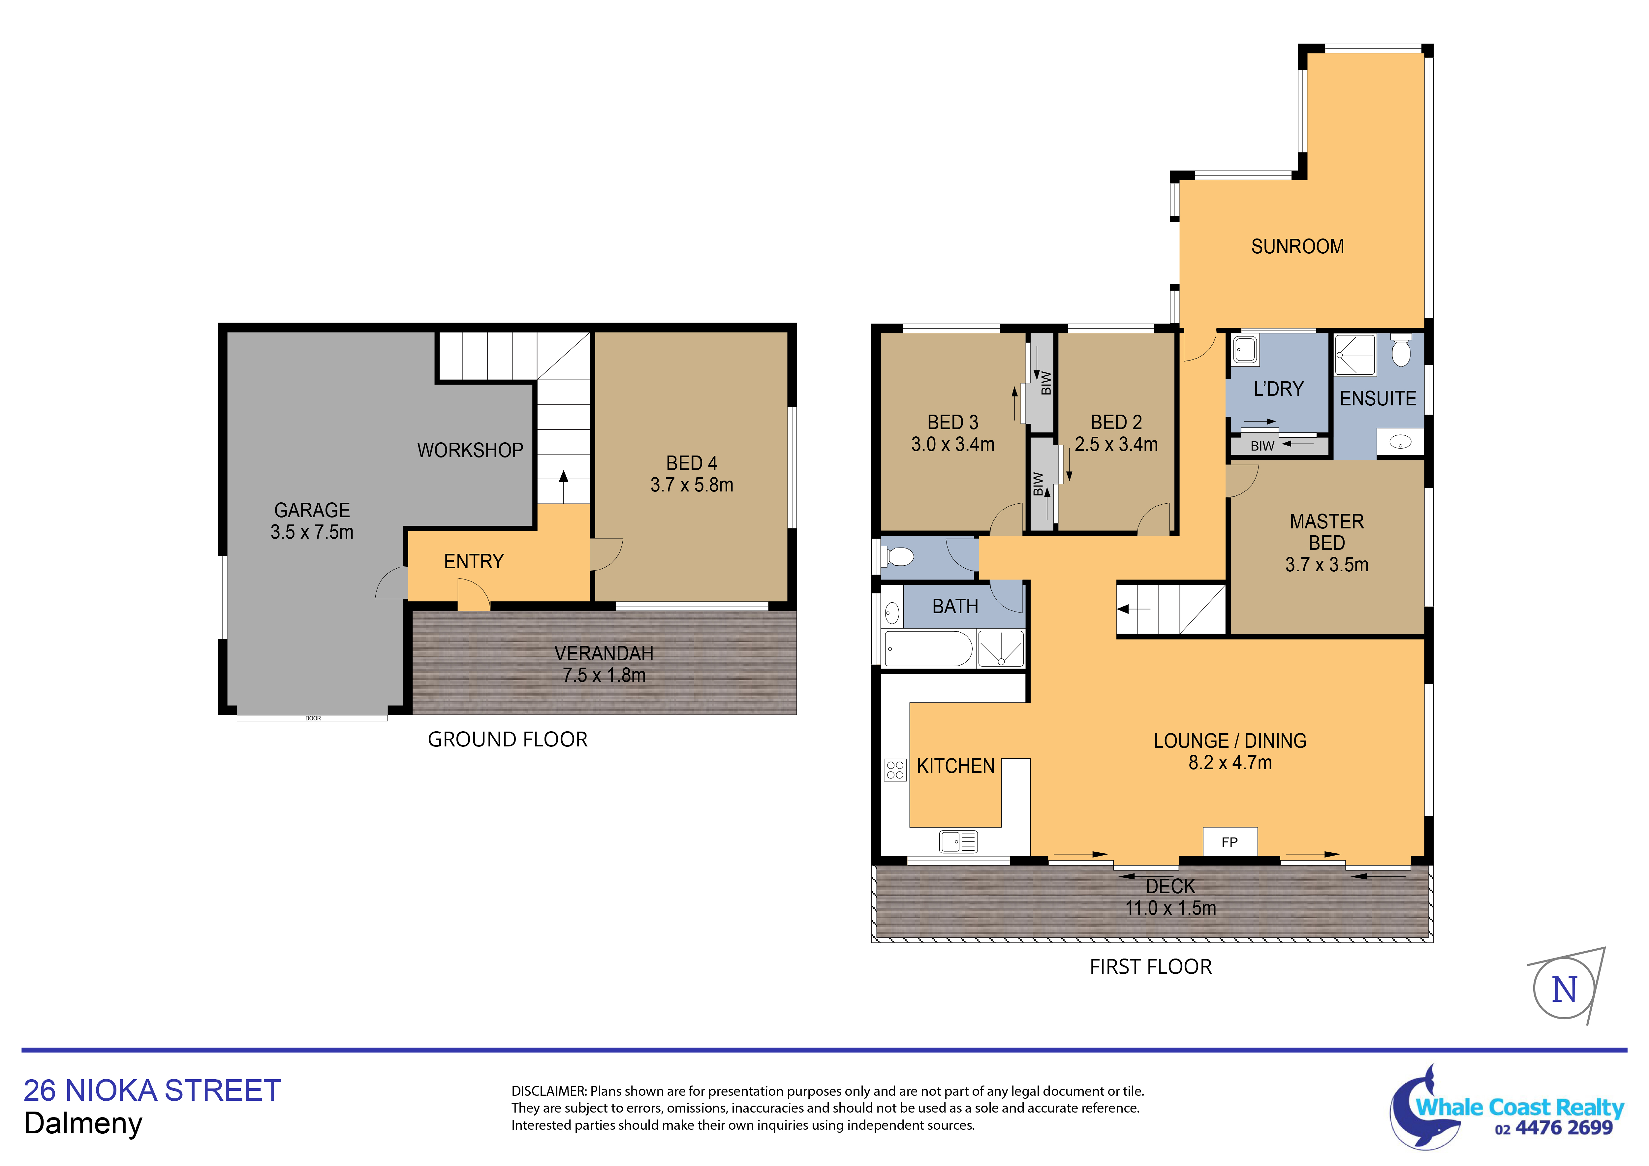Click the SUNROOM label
(1297, 246)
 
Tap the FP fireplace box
(1229, 841)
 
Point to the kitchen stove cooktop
(895, 770)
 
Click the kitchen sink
(958, 841)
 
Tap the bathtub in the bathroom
(928, 649)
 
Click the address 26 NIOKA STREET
(152, 1090)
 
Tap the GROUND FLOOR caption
(508, 739)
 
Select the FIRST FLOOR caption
(1151, 966)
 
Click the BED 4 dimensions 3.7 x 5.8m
(692, 485)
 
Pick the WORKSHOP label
(470, 451)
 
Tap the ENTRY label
(474, 561)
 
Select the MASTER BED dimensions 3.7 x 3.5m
(1326, 565)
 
